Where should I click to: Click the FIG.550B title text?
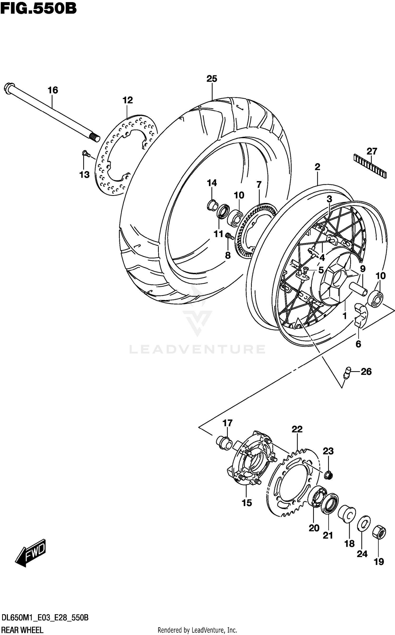pos(38,8)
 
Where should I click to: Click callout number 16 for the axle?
pos(53,90)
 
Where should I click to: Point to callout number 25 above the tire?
pos(212,79)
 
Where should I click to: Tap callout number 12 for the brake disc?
pos(127,100)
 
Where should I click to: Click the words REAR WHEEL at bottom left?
pos(22,628)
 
